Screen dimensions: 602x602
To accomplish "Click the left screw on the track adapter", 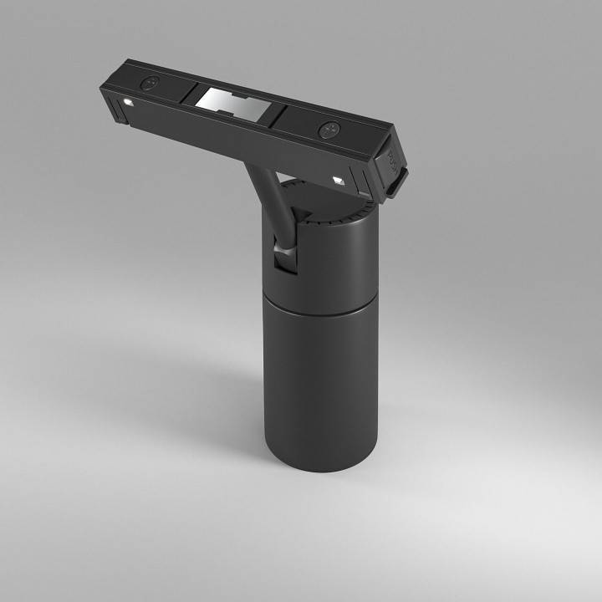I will point(150,83).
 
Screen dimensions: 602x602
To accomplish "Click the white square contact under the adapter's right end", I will point(339,179).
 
